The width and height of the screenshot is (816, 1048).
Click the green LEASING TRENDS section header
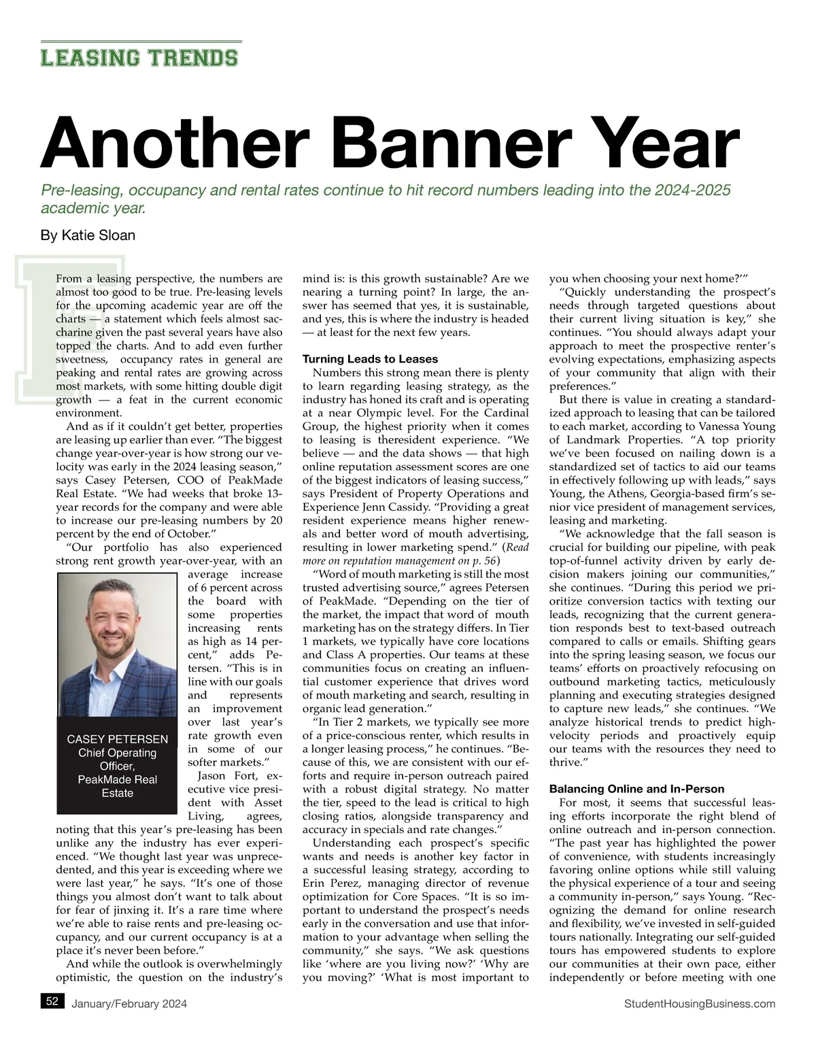tap(139, 57)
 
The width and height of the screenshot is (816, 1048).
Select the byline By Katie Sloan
tap(88, 235)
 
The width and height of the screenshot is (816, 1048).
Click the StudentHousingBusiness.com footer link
tap(698, 1004)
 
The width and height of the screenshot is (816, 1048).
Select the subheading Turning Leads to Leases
tap(370, 359)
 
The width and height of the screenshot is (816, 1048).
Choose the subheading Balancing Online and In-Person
tap(636, 789)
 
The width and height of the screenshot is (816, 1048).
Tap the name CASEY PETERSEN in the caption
tap(117, 739)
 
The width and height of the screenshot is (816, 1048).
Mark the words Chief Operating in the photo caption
tap(117, 753)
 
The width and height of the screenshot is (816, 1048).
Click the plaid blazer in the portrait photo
tap(82, 687)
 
